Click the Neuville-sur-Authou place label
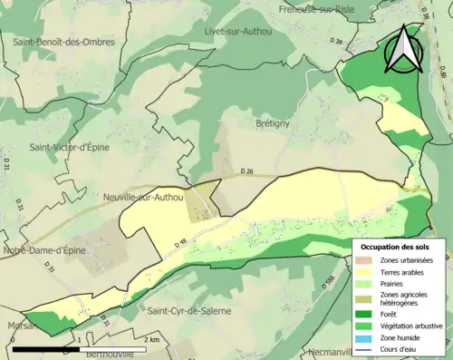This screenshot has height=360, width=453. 144,195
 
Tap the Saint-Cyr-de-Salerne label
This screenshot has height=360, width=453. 189,311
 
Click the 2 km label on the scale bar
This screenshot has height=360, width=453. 153,339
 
